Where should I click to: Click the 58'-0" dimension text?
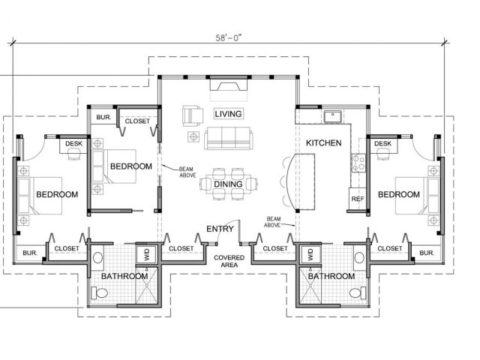pyautogui.click(x=228, y=38)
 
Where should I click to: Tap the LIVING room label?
pyautogui.click(x=228, y=114)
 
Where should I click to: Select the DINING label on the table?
pyautogui.click(x=228, y=184)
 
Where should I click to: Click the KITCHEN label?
pyautogui.click(x=323, y=143)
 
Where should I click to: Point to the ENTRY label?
pyautogui.click(x=220, y=229)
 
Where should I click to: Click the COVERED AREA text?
pyautogui.click(x=229, y=261)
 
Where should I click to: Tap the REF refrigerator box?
pyautogui.click(x=358, y=199)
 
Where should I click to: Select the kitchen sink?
pyautogui.click(x=333, y=116)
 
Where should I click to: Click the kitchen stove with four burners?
pyautogui.click(x=358, y=163)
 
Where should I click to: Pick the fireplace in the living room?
pyautogui.click(x=228, y=85)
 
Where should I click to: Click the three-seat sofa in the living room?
pyautogui.click(x=229, y=138)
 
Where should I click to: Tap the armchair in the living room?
pyautogui.click(x=193, y=115)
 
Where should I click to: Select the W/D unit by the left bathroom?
pyautogui.click(x=147, y=254)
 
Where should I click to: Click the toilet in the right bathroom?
pyautogui.click(x=357, y=292)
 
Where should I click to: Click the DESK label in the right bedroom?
pyautogui.click(x=382, y=143)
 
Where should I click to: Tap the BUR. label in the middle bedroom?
pyautogui.click(x=103, y=117)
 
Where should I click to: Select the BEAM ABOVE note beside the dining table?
pyautogui.click(x=187, y=172)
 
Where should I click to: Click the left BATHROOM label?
pyautogui.click(x=124, y=276)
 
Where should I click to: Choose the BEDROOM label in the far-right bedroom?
pyautogui.click(x=398, y=194)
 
